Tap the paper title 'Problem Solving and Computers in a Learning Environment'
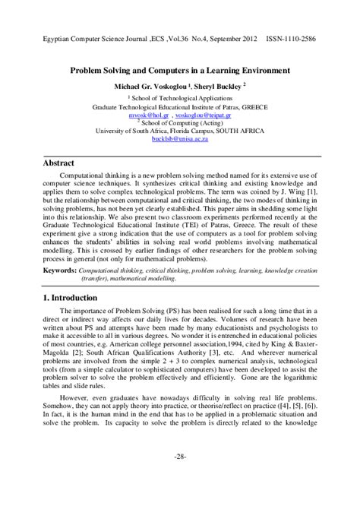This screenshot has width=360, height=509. click(180, 70)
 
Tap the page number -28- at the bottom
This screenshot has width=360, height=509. click(180, 478)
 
